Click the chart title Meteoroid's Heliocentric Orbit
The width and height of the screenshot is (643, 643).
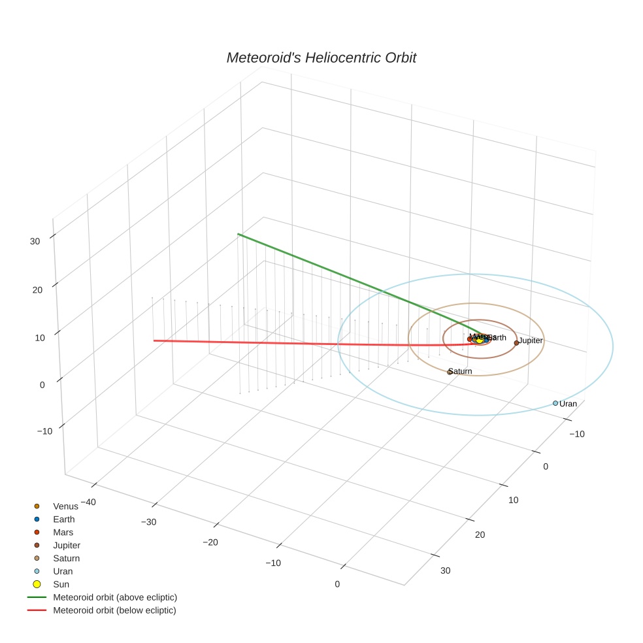(x=321, y=58)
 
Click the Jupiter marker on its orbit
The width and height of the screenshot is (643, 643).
(x=516, y=342)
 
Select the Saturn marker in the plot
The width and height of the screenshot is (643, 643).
(x=450, y=372)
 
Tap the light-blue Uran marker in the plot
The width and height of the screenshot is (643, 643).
(x=555, y=403)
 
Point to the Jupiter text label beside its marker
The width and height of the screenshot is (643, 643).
(x=531, y=340)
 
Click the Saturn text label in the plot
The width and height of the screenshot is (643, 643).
(x=461, y=371)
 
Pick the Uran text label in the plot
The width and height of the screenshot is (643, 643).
(x=569, y=404)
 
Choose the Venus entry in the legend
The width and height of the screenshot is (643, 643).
(x=65, y=506)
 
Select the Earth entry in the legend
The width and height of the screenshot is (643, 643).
(x=64, y=519)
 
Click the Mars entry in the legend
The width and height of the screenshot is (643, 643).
(x=63, y=532)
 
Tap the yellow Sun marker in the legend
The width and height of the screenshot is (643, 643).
(x=37, y=584)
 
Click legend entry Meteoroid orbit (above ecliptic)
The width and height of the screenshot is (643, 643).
(x=115, y=597)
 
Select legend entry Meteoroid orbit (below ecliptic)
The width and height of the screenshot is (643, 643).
(x=114, y=610)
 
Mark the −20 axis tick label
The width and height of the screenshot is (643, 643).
(x=210, y=542)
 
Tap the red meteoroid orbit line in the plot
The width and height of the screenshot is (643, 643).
(x=294, y=342)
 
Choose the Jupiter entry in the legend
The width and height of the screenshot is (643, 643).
(x=67, y=545)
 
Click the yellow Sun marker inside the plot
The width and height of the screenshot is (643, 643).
(x=480, y=340)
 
